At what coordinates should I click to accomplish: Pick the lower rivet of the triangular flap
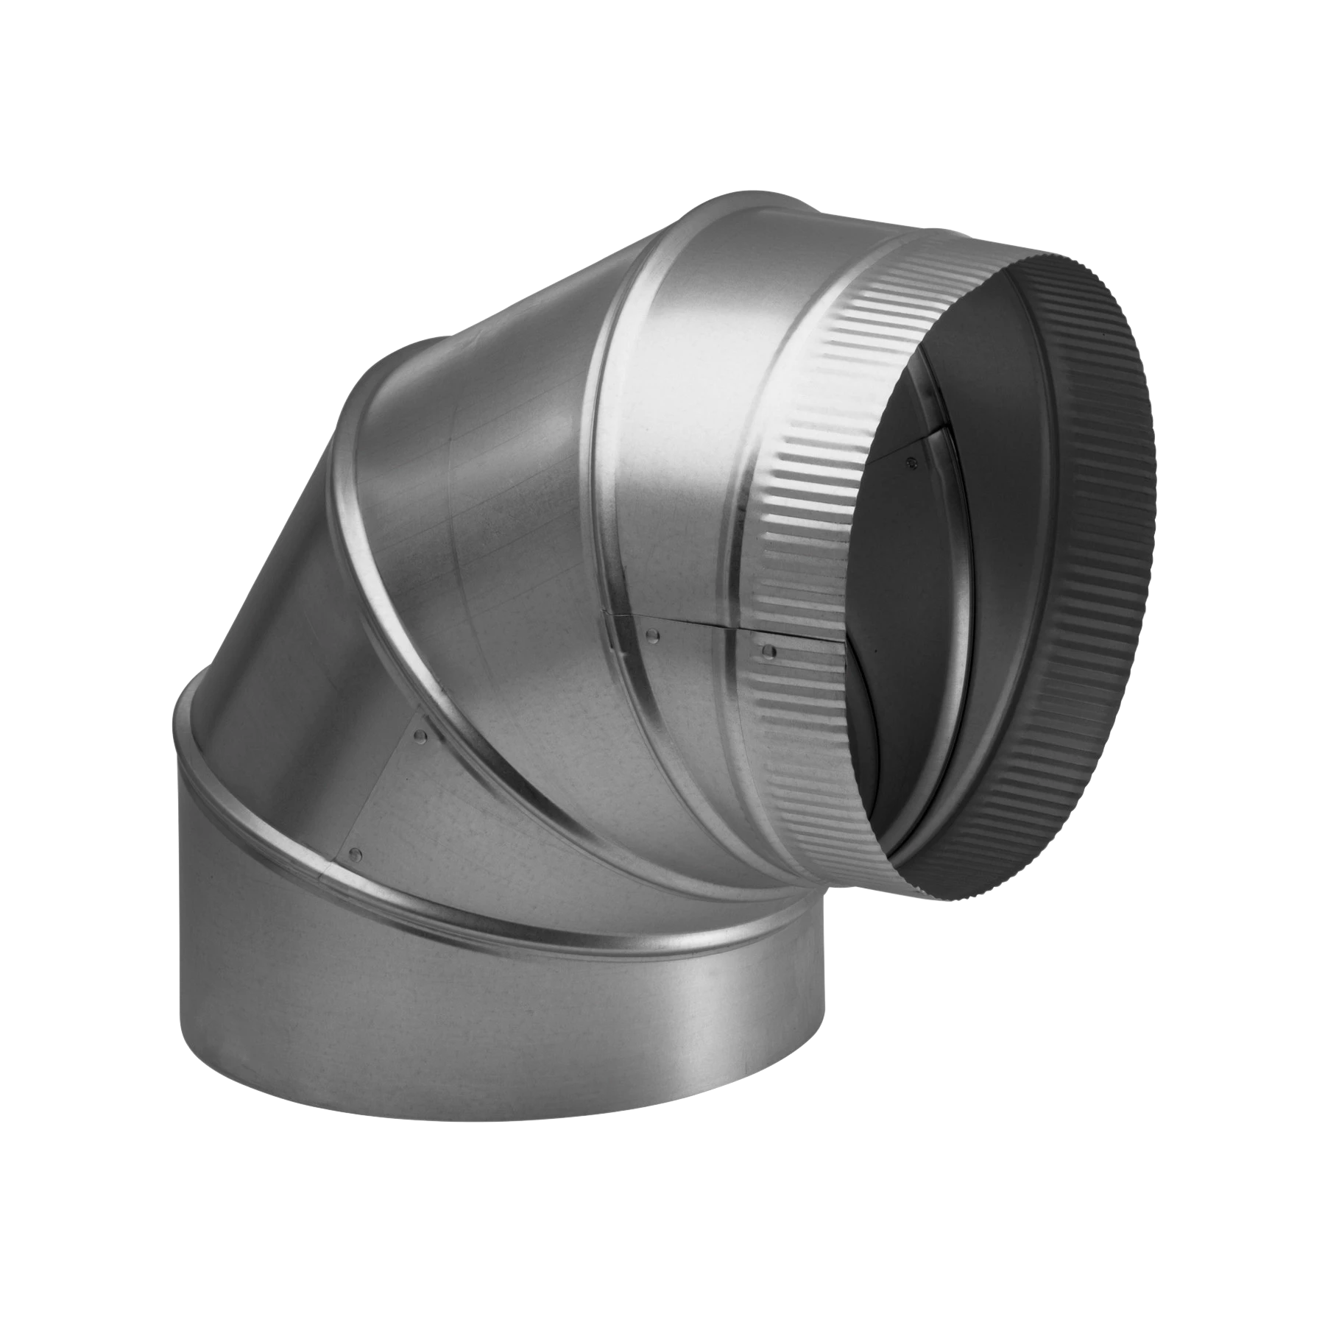tap(357, 854)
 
